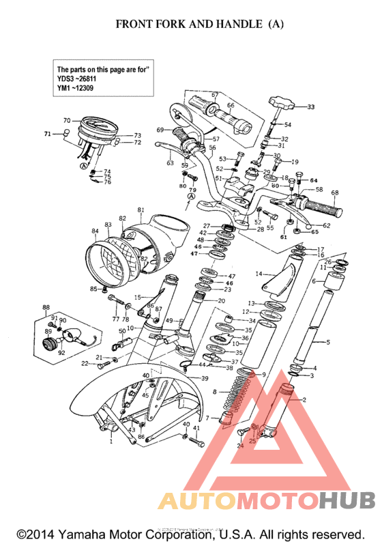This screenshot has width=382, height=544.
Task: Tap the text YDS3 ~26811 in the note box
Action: [x=81, y=78]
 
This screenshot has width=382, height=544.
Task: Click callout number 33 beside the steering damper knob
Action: [x=310, y=107]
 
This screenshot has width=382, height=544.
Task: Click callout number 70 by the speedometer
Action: [x=67, y=121]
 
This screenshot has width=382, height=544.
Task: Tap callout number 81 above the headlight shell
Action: [x=141, y=210]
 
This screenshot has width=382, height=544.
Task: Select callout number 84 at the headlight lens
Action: [x=95, y=231]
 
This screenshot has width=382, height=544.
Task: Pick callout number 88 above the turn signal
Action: [x=46, y=307]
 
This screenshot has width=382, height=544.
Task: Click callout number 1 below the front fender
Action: [x=111, y=442]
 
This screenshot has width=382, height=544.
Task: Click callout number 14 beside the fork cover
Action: [x=259, y=274]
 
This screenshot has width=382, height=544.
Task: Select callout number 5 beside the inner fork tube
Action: [x=327, y=342]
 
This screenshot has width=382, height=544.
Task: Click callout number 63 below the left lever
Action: [x=170, y=163]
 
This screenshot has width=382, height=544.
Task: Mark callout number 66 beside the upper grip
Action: [x=231, y=106]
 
